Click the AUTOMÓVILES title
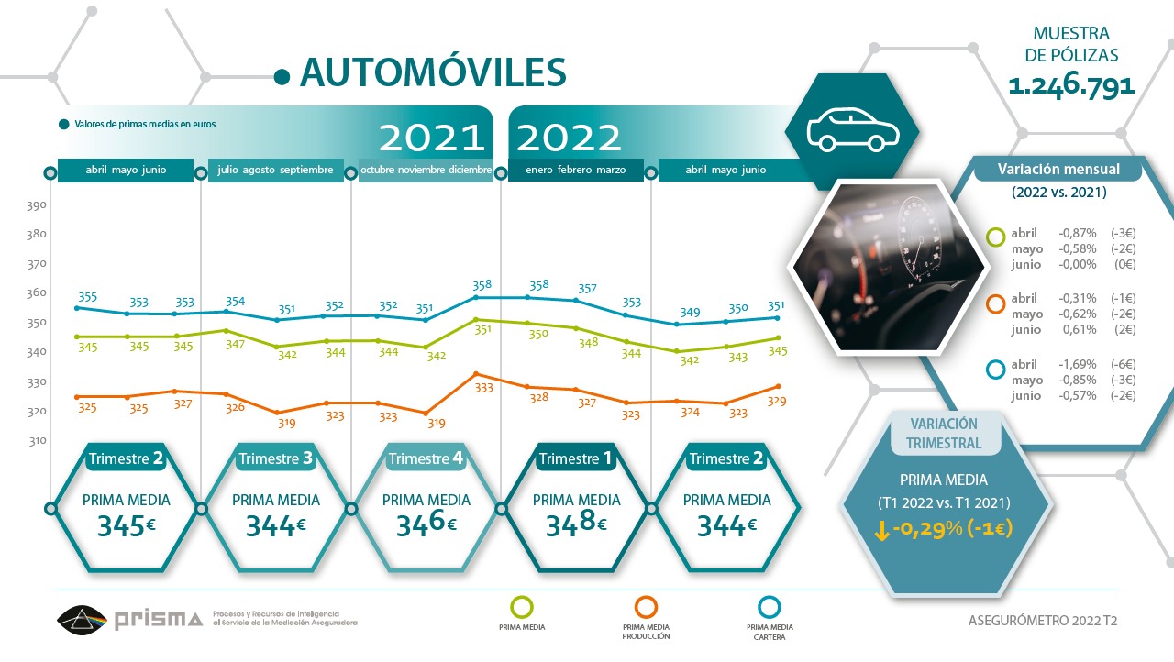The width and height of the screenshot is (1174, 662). (x=433, y=72)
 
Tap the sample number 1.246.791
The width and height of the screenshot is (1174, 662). (x=1071, y=86)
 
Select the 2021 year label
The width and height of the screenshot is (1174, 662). (x=432, y=138)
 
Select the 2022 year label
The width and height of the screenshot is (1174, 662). (x=570, y=138)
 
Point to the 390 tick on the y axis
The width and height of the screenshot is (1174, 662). (x=36, y=205)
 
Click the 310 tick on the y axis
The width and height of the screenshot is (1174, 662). (x=36, y=441)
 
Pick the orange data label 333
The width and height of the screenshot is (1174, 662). (x=483, y=388)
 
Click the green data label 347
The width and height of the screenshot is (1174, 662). (x=236, y=345)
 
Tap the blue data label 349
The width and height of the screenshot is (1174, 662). (x=690, y=313)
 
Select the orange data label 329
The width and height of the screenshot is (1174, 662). (x=776, y=401)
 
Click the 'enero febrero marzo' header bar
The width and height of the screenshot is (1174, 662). (x=575, y=171)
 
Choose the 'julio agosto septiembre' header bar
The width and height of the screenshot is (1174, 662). (x=275, y=171)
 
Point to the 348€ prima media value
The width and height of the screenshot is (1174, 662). (x=576, y=525)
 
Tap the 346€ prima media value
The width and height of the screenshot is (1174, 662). (x=426, y=525)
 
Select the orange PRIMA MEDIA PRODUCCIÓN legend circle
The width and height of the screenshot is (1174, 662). (x=646, y=606)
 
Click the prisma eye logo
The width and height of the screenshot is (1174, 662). (x=82, y=620)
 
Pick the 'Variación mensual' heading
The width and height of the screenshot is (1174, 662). (x=1058, y=170)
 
